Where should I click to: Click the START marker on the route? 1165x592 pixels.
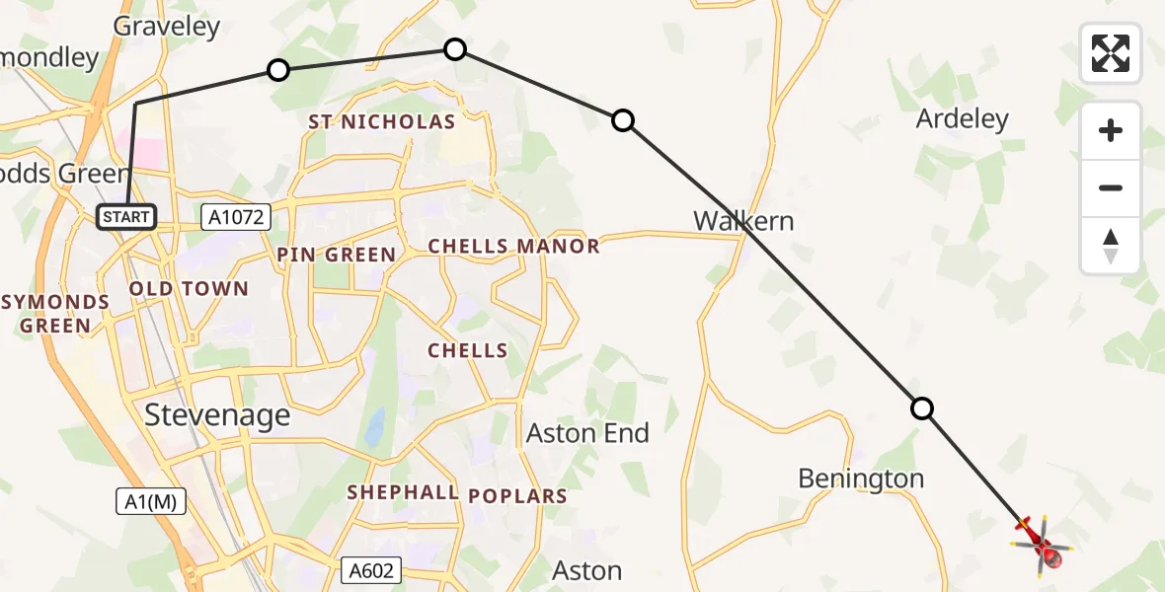point(126,217)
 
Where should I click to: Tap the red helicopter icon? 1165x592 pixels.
point(1040,542)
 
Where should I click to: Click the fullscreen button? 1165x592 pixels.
point(1111,53)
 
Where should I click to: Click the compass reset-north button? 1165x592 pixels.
point(1111,246)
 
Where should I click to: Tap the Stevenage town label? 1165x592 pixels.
point(217,414)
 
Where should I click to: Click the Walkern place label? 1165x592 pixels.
point(742,220)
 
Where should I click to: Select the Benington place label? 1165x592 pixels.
point(861,480)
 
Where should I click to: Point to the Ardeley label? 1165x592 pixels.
point(962,119)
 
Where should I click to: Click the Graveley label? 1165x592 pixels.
point(167,27)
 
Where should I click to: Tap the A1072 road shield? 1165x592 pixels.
point(237,217)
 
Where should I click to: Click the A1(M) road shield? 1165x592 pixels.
point(151,501)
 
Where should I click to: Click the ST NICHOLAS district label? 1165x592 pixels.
point(381,122)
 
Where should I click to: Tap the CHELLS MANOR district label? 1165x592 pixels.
point(513,247)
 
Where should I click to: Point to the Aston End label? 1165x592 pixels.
point(587,433)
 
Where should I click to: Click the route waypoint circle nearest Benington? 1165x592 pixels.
point(921,408)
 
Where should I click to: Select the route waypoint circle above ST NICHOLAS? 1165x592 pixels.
point(454,48)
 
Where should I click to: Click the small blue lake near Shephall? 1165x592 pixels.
point(374,426)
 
